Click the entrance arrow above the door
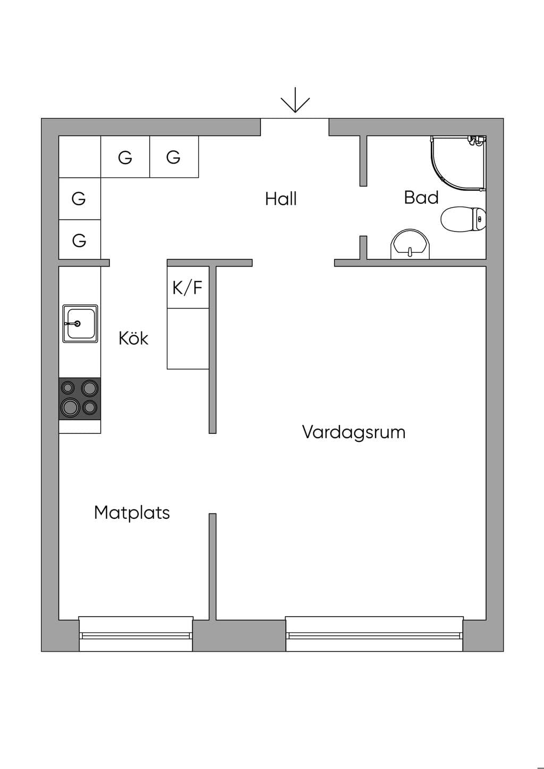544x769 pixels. click(295, 100)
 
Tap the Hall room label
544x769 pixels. click(281, 199)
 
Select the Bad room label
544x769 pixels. click(421, 198)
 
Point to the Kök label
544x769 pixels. click(133, 338)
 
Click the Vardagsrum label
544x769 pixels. click(354, 432)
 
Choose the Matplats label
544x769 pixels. click(132, 512)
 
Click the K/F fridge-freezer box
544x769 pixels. click(188, 287)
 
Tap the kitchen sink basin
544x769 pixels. click(80, 323)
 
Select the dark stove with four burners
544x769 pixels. click(80, 399)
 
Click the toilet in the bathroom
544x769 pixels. click(463, 219)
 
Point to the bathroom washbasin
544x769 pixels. click(410, 244)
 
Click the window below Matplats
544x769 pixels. click(135, 634)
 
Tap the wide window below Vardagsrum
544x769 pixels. click(375, 634)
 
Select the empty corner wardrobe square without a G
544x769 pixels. click(80, 157)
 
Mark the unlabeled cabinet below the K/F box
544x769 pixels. click(188, 338)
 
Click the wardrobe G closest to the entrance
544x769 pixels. click(174, 157)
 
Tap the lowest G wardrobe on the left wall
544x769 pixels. click(80, 240)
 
